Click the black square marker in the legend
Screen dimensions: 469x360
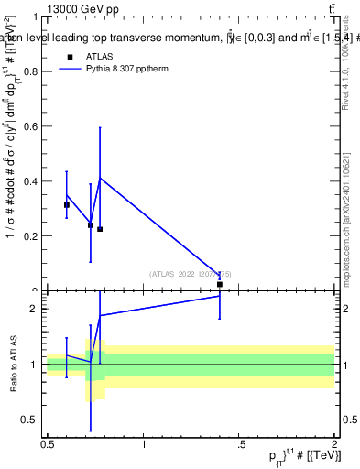click(70, 56)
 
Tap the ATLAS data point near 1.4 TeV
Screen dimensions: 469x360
click(220, 285)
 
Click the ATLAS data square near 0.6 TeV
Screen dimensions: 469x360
click(67, 205)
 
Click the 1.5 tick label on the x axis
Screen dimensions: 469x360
click(239, 444)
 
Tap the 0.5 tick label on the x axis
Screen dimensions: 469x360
click(48, 444)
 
